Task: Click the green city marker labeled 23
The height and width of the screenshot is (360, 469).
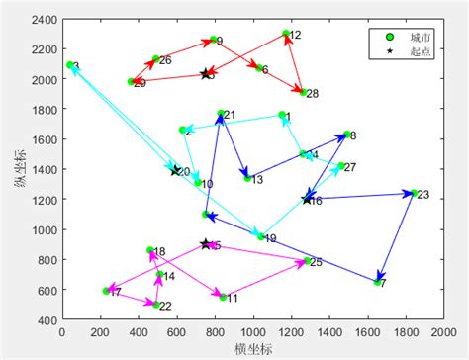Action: click(414, 194)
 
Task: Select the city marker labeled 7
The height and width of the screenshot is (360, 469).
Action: click(378, 283)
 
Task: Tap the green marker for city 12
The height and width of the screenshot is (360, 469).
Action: click(286, 34)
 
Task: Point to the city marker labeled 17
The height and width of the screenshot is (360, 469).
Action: click(106, 291)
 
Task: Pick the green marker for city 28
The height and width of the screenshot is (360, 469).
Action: click(304, 93)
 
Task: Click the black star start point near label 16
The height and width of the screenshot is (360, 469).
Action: click(307, 200)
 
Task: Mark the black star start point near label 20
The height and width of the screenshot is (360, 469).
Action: click(175, 171)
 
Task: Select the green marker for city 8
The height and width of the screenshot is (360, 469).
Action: click(346, 134)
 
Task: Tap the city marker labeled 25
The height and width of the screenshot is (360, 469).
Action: click(307, 261)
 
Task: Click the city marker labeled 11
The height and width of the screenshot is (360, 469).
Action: click(223, 297)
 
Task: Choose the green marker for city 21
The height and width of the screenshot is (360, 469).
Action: click(221, 114)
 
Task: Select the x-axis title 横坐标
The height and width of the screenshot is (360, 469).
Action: click(252, 349)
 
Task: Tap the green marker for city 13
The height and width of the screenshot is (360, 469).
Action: click(247, 178)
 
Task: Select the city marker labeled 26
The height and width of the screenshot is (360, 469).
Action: click(155, 59)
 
